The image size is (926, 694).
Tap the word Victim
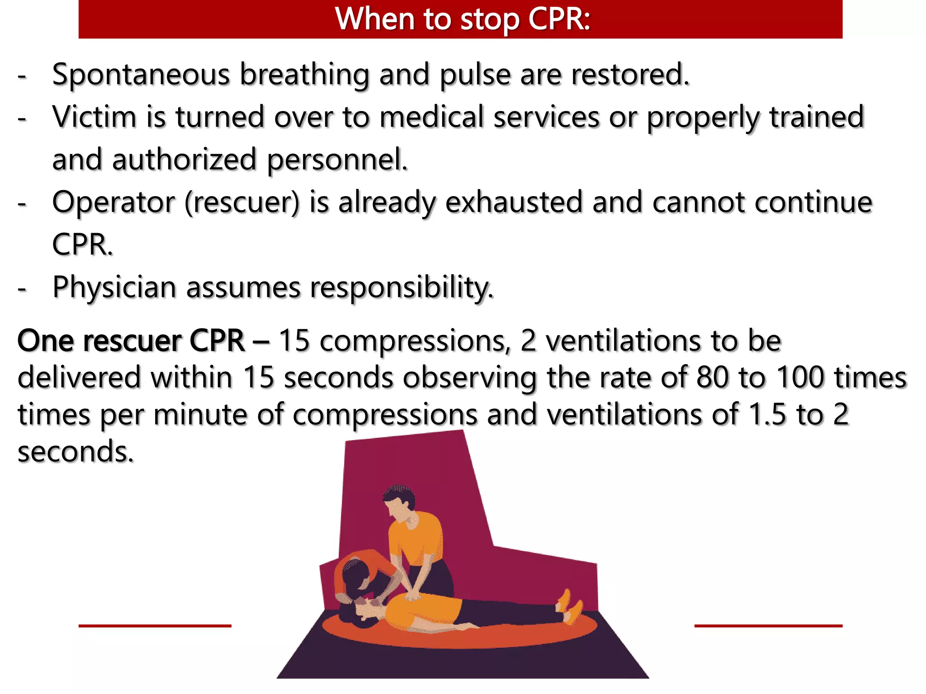tap(94, 117)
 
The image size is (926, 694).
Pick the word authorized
tap(184, 159)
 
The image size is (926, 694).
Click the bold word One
tap(45, 341)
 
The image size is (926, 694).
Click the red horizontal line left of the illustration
tap(155, 626)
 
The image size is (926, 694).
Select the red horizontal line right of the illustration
tap(768, 626)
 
